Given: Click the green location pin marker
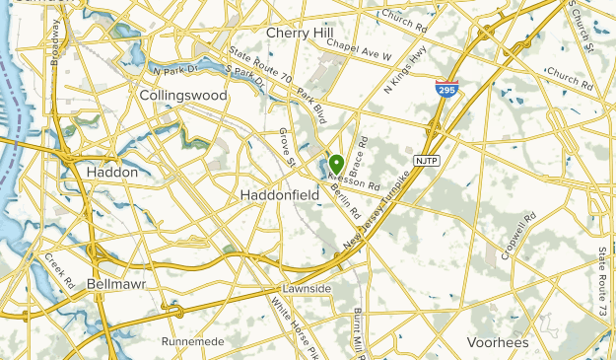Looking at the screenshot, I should point(336,163).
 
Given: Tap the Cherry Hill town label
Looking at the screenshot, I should point(301,33).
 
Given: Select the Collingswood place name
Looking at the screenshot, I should point(183,96).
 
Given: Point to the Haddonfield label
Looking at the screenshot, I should point(280,195).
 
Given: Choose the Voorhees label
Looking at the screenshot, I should point(498,341).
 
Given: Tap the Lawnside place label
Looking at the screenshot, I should point(302,289).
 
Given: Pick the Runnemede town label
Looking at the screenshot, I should point(193,341).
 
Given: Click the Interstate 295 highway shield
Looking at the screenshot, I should point(445,90).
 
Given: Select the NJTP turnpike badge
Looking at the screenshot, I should point(426,160).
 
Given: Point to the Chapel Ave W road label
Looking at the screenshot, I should point(360,46).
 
